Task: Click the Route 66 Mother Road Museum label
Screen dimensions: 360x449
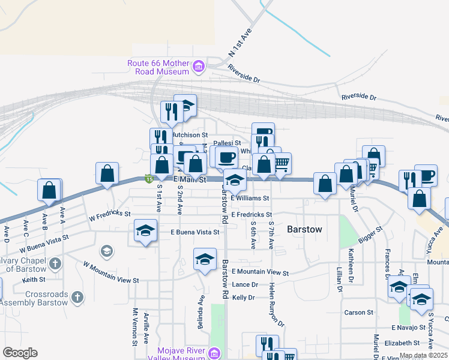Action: click(158, 67)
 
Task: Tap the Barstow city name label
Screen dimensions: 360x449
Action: click(304, 229)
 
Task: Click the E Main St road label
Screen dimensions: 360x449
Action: click(190, 179)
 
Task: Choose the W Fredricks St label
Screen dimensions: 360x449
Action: click(109, 214)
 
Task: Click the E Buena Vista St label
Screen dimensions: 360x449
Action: click(194, 232)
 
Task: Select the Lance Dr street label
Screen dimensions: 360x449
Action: click(244, 284)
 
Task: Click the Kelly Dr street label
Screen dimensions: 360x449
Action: click(243, 298)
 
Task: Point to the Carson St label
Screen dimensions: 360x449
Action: click(358, 313)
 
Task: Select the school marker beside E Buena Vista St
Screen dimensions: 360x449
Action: click(145, 231)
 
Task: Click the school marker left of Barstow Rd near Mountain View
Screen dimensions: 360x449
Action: click(205, 259)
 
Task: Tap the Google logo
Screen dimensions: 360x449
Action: click(20, 353)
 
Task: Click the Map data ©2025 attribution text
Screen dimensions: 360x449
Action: click(423, 356)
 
